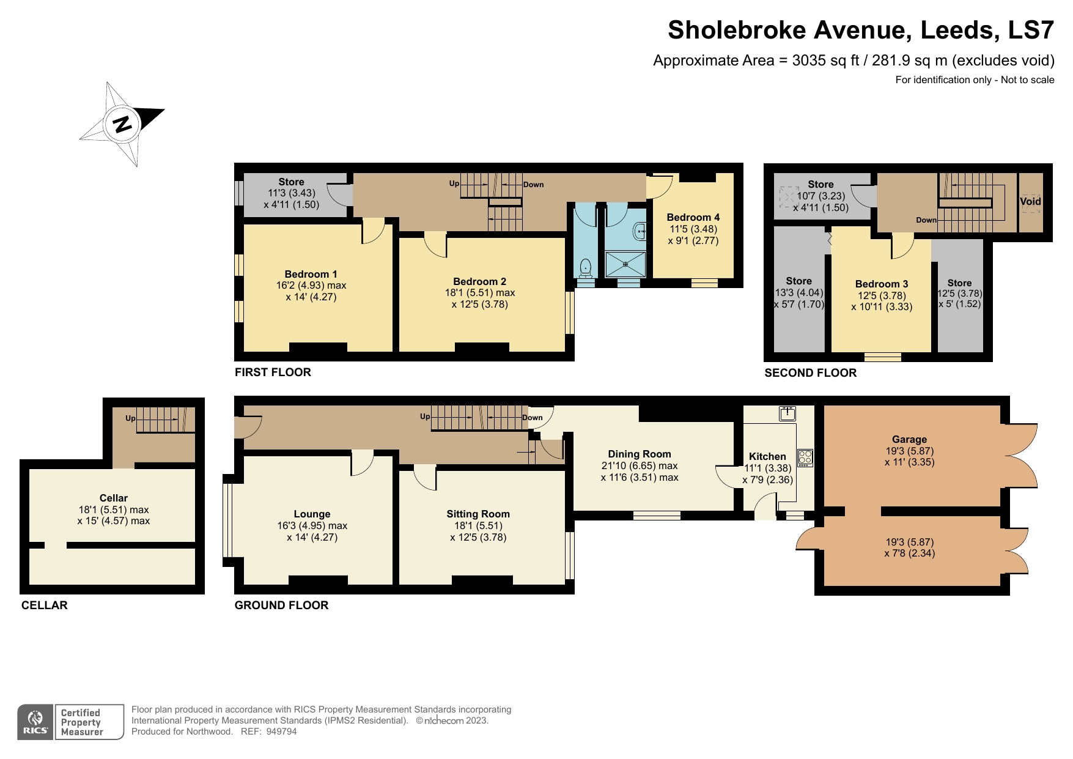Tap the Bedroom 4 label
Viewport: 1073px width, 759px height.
[693, 217]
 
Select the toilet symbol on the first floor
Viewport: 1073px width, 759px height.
[585, 267]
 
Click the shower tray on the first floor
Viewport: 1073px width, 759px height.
[625, 264]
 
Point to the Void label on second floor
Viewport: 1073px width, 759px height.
[1030, 201]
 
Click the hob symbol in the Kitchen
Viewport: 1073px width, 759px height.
[805, 457]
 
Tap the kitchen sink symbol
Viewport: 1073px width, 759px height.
[787, 414]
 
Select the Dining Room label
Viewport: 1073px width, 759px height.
[640, 454]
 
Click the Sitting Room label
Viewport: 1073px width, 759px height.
[478, 514]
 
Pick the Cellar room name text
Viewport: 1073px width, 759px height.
[114, 498]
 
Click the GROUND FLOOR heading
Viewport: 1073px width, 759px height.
[281, 605]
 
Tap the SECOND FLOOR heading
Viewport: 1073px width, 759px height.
[810, 372]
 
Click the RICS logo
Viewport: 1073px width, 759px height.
[35, 722]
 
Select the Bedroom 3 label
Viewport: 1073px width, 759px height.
[881, 284]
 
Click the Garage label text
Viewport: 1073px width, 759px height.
[909, 439]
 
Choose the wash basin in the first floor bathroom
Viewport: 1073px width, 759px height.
[640, 231]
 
